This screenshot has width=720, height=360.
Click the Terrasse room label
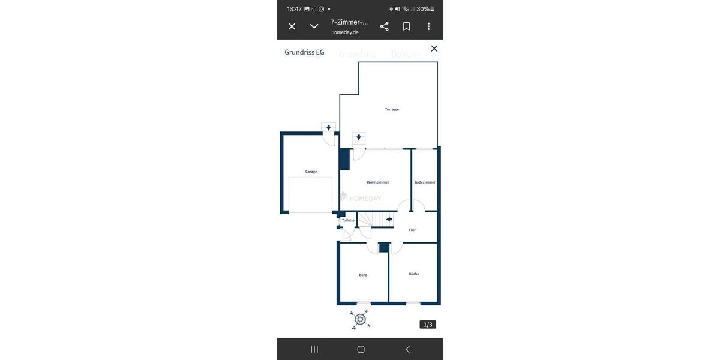[392, 110]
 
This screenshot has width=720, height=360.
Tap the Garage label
[311, 172]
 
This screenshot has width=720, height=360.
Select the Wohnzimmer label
[378, 182]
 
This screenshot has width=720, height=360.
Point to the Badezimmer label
[425, 182]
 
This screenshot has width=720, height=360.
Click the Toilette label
[348, 220]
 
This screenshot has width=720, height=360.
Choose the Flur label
[412, 230]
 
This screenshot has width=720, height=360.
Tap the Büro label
[363, 275]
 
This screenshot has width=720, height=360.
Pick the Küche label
[414, 274]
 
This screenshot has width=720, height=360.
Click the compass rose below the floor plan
[360, 319]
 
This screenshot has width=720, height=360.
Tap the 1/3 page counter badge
[428, 325]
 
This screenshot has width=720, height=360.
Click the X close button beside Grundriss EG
[434, 49]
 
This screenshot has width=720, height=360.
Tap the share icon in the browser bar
[385, 26]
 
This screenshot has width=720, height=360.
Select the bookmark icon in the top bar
[406, 26]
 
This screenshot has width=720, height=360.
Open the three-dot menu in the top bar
[428, 26]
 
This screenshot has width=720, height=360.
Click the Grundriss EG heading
[304, 52]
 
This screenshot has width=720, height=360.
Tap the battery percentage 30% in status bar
[423, 9]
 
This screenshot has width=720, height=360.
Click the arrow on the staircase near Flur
[389, 220]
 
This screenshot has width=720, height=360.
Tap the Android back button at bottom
[407, 349]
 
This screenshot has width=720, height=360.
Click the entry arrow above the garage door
[328, 128]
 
